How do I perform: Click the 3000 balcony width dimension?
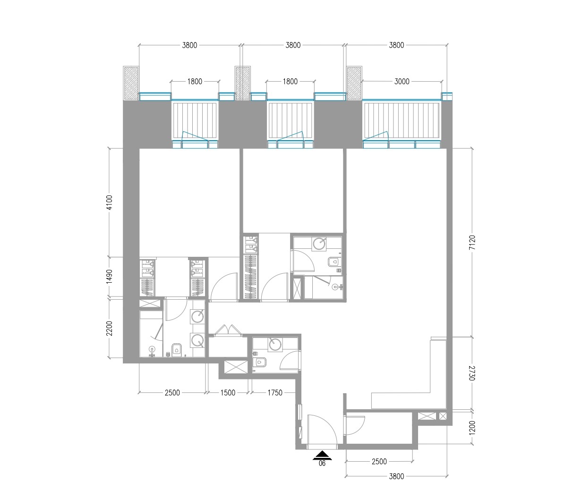pyautogui.click(x=402, y=82)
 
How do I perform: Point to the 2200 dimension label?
pyautogui.click(x=110, y=328)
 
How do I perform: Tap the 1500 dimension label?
pyautogui.click(x=228, y=393)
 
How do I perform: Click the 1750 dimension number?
pyautogui.click(x=274, y=393)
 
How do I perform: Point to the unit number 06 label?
pyautogui.click(x=323, y=464)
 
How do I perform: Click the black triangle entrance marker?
pyautogui.click(x=323, y=456)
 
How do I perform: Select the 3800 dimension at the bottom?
pyautogui.click(x=396, y=476)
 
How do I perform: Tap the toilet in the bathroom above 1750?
pyautogui.click(x=260, y=362)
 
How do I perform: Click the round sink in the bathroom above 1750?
pyautogui.click(x=275, y=345)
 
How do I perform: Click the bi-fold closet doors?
pyautogui.click(x=227, y=330)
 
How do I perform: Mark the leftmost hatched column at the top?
pyautogui.click(x=131, y=83)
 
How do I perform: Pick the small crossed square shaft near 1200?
pyautogui.click(x=443, y=416)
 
